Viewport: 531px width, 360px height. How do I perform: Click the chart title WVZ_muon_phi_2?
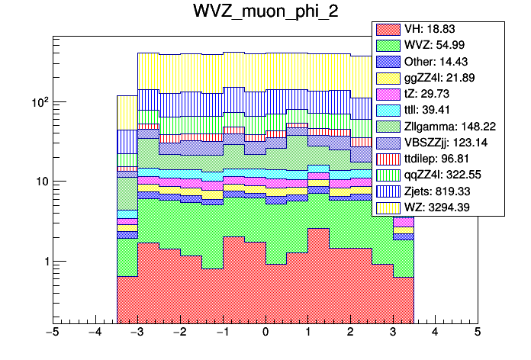click(265, 13)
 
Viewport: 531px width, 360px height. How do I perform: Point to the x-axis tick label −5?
click(53, 333)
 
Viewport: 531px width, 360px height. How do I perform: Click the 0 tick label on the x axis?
click(265, 333)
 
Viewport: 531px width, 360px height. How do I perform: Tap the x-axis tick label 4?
click(435, 333)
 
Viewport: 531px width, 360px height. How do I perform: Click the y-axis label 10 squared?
click(38, 102)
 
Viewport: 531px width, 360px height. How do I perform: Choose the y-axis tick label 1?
click(43, 262)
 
